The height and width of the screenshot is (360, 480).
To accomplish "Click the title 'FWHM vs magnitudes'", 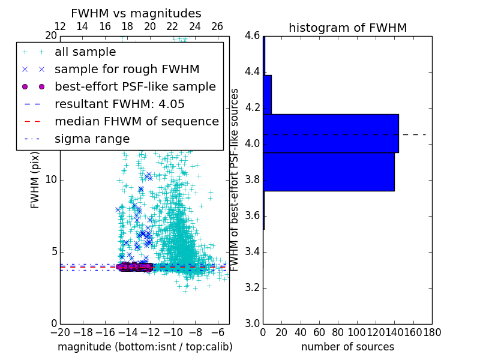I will pyautogui.click(x=136, y=13).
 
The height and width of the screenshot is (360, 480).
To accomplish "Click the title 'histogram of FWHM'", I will pyautogui.click(x=347, y=28).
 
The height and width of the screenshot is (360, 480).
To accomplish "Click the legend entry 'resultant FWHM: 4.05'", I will pyautogui.click(x=119, y=104).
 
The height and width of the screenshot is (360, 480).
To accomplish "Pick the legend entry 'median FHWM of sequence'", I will pyautogui.click(x=136, y=121).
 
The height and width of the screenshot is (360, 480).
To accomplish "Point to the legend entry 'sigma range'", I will pyautogui.click(x=92, y=139).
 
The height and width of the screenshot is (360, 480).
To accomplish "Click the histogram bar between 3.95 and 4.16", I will pyautogui.click(x=331, y=133).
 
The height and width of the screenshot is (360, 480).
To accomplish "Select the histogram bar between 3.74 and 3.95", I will pyautogui.click(x=328, y=172).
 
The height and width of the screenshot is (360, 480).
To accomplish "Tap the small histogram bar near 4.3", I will pyautogui.click(x=267, y=94).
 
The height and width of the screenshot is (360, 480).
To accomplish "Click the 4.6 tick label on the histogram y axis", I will pyautogui.click(x=251, y=36).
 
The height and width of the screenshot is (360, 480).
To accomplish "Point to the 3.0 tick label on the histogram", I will pyautogui.click(x=251, y=323).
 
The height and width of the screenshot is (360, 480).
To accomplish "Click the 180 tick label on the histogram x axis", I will pyautogui.click(x=432, y=332).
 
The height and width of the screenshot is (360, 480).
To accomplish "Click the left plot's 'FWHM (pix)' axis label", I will pyautogui.click(x=35, y=180).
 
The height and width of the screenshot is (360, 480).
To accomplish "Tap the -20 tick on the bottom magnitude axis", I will pyautogui.click(x=59, y=332).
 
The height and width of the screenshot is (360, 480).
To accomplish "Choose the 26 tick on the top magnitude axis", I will pyautogui.click(x=217, y=26).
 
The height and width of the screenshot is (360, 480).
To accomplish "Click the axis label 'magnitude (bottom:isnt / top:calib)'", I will pyautogui.click(x=145, y=347).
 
